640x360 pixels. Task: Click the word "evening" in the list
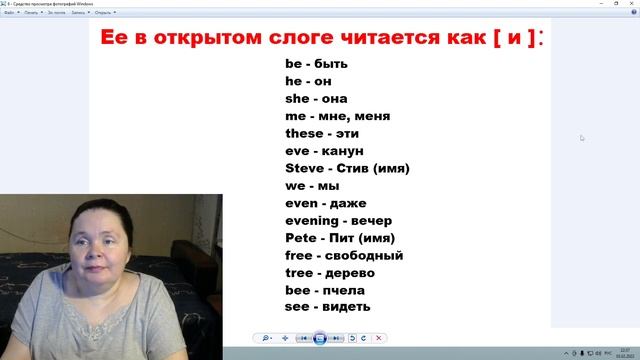coord(311,220)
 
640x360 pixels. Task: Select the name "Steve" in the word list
coord(304,168)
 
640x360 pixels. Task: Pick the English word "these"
coord(304,133)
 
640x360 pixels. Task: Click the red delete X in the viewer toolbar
coord(379,339)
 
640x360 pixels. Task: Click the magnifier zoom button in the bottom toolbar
coord(266,339)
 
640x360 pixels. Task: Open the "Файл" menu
coord(8,14)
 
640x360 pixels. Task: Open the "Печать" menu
coord(31,14)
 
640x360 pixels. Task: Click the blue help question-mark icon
coord(633,14)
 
